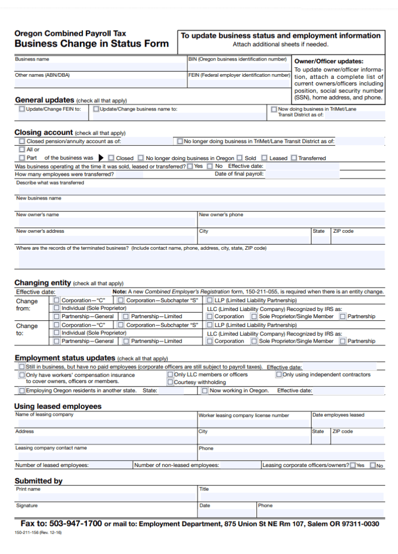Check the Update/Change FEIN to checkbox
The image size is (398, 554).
tap(22, 109)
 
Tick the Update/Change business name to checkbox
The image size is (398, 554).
tap(96, 109)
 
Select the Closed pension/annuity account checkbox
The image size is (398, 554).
tap(22, 141)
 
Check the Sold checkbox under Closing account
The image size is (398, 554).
tap(240, 158)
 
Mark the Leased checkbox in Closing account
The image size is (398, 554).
tap(264, 158)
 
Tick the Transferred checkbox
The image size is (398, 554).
tap(294, 158)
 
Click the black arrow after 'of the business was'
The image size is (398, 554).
tap(101, 158)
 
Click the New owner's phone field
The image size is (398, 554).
tap(290, 222)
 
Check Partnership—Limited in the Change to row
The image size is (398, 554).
tap(126, 341)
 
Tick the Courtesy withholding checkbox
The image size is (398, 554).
tap(170, 382)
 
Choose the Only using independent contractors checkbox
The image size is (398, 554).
tap(279, 374)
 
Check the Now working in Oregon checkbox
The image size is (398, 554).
tap(205, 391)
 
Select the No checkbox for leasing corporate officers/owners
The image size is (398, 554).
tap(373, 465)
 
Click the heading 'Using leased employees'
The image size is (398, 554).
tap(58, 406)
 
